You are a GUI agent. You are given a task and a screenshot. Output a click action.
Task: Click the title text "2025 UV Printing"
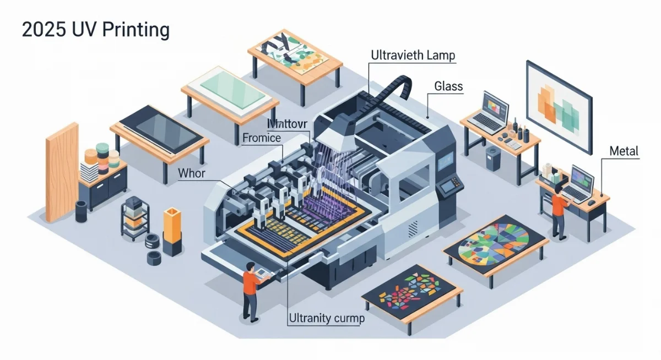[95, 29]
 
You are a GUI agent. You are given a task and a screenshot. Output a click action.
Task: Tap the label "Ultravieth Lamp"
[413, 55]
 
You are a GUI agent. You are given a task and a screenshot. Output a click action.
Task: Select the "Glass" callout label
[448, 86]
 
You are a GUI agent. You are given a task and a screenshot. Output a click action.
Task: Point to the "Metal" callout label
[624, 151]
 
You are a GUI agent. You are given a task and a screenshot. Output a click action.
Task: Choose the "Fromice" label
[262, 139]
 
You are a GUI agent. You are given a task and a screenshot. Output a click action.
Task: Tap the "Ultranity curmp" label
[326, 318]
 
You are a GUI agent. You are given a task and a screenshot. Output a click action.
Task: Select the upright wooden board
[61, 171]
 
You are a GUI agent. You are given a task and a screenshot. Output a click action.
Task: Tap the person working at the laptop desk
[558, 209]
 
